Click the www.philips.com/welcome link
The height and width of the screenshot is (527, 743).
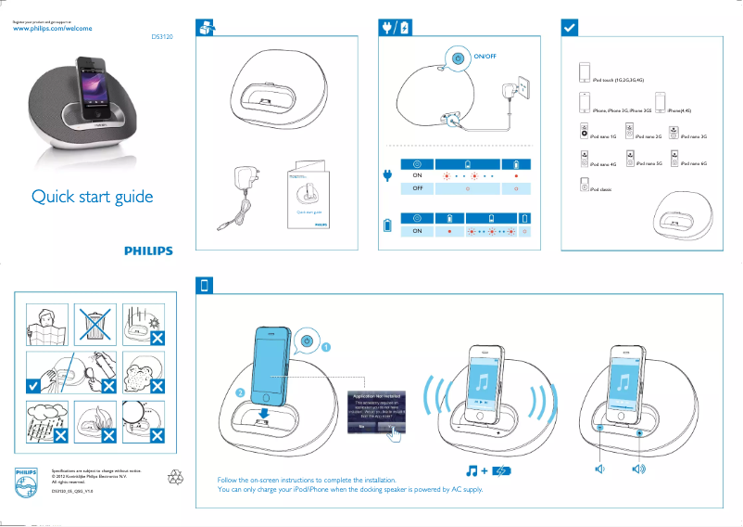52,29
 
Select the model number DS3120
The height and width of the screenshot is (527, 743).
162,38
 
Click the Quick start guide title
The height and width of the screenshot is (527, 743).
92,197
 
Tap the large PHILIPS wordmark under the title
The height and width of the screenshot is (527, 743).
148,251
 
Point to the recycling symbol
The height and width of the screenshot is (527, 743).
175,477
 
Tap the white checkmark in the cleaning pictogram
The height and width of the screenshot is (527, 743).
33,384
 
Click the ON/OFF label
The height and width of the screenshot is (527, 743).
485,57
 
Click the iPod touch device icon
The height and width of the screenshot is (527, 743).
584,73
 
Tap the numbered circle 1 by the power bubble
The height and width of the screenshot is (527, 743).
325,347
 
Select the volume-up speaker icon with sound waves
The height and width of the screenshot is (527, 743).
638,469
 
